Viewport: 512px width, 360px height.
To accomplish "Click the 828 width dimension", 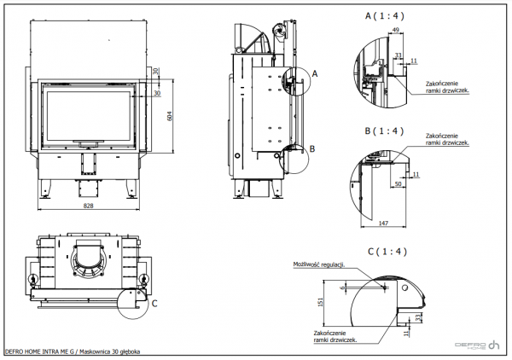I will (x=89, y=206).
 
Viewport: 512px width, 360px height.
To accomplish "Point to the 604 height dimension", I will (x=169, y=116).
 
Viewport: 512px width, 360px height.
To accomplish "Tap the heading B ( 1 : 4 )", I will (x=381, y=132).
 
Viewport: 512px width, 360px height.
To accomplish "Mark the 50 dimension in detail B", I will (x=399, y=183).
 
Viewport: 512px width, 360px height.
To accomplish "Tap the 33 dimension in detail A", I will (x=399, y=56).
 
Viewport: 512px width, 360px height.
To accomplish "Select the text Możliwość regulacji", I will (x=316, y=264).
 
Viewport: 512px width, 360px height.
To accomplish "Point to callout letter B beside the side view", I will (x=312, y=147).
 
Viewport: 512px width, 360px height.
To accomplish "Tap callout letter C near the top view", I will (x=154, y=301).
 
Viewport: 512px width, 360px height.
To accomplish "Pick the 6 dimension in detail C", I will (x=342, y=287).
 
